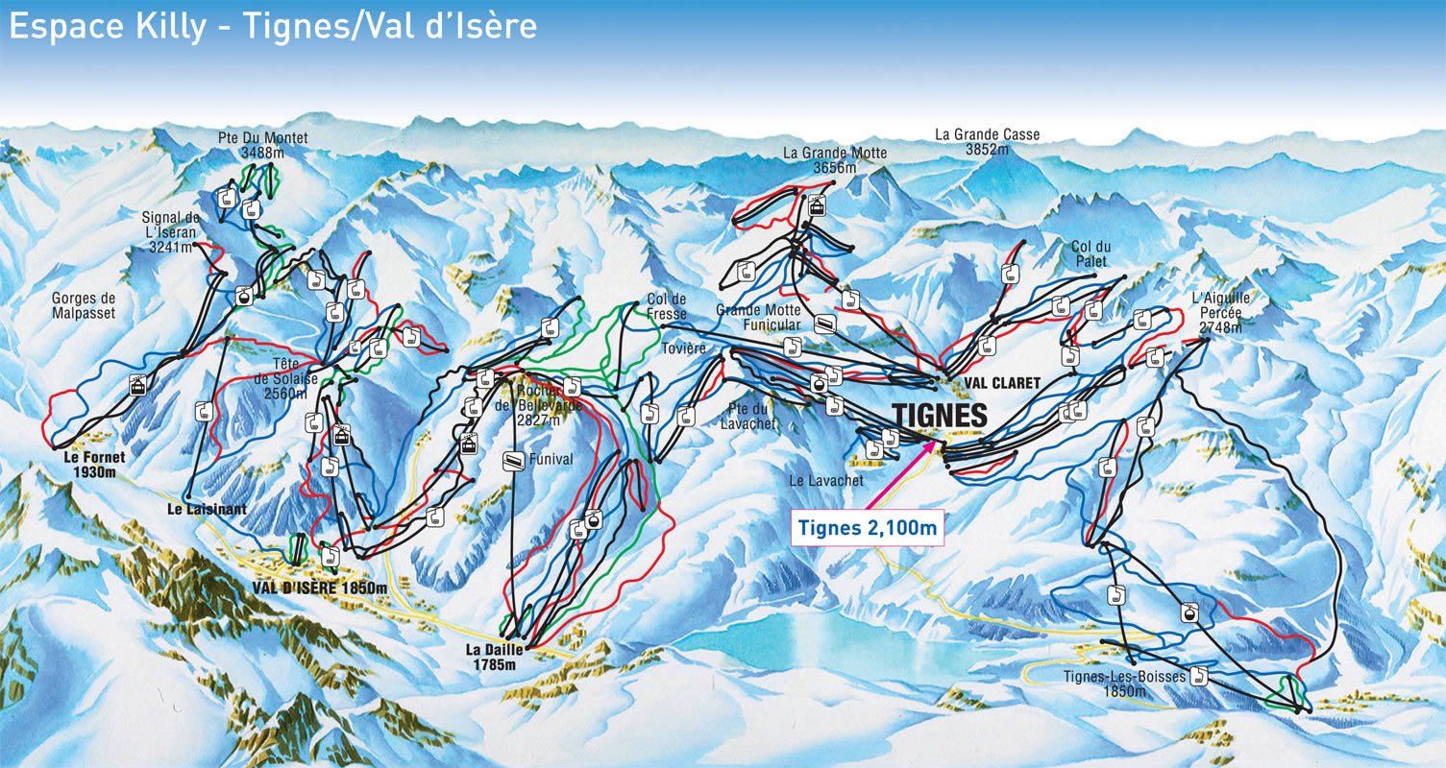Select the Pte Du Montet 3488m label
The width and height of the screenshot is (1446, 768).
coord(263,145)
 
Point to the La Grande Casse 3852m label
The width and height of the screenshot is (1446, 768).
coord(988,142)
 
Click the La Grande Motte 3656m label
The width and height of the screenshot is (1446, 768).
coord(835,159)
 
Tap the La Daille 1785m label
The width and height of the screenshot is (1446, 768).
coord(495,656)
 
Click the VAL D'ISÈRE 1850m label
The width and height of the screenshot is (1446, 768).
coord(320,588)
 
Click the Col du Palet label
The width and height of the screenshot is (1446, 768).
coord(1090,254)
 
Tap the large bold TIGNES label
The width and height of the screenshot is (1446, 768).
coord(940,415)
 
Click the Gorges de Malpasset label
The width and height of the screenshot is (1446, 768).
coord(83,305)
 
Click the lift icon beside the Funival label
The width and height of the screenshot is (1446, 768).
coord(514,461)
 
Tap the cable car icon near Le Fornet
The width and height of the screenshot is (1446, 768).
coord(139,386)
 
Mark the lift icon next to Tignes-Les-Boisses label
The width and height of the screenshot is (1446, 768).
coord(1197,676)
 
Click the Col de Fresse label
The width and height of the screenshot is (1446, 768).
coord(667,305)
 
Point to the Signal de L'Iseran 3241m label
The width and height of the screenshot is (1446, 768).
coord(170,231)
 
